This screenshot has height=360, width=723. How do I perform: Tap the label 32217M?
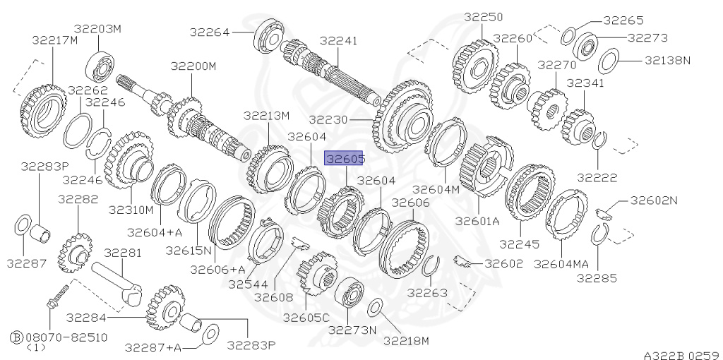click(x=54, y=40)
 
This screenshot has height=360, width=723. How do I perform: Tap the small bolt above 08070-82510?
click(x=56, y=296)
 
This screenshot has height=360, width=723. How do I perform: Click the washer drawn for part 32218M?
click(x=376, y=307)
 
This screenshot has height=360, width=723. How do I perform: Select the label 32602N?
click(x=653, y=200)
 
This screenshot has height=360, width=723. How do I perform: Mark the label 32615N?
click(x=189, y=250)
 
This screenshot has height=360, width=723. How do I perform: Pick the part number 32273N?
click(x=352, y=330)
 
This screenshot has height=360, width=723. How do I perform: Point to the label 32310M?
click(x=131, y=210)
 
